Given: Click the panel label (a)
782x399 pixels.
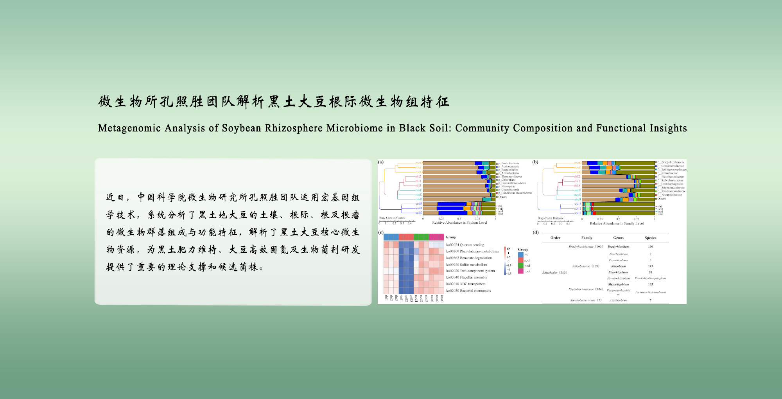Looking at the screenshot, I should click(381, 162).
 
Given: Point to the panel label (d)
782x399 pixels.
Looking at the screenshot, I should click(536, 232).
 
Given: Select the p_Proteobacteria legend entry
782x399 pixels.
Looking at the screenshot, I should click(510, 163).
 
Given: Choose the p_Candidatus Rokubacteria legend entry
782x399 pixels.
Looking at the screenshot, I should click(516, 193).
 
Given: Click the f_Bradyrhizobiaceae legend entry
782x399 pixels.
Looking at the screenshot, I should click(672, 162).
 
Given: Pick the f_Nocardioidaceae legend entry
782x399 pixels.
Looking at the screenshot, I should click(671, 195).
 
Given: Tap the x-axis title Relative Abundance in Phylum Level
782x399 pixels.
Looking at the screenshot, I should click(459, 223).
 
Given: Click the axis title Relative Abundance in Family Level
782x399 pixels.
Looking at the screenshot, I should click(617, 224).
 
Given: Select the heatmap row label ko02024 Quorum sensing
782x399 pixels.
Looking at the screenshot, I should click(465, 245).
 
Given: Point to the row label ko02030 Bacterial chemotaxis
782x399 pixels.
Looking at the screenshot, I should click(468, 291).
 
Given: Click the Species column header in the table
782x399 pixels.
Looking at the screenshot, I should click(650, 238).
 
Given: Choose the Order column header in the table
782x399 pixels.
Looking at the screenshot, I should click(555, 238).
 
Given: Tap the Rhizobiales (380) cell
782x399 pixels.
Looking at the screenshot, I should click(554, 273).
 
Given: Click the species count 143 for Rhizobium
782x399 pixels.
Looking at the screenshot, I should click(650, 266).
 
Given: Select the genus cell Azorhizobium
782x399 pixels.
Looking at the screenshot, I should click(618, 300).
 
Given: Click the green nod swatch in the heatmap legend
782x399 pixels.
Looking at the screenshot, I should click(521, 266).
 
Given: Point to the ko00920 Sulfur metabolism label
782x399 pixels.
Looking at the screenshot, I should click(466, 265).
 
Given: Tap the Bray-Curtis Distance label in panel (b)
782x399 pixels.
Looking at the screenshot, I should click(551, 218).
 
